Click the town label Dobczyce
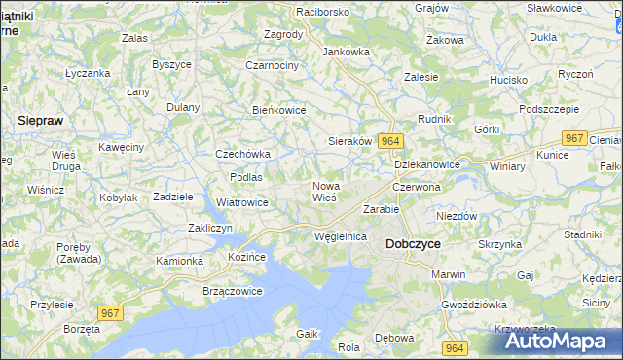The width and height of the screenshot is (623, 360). pyautogui.click(x=416, y=244)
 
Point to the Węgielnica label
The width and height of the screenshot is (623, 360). pyautogui.click(x=341, y=236)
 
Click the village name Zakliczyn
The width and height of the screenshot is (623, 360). pyautogui.click(x=208, y=228)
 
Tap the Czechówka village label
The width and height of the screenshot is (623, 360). pyautogui.click(x=242, y=154)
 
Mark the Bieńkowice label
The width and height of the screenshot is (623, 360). pyautogui.click(x=279, y=110)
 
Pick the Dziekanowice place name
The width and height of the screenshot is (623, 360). pyautogui.click(x=427, y=164)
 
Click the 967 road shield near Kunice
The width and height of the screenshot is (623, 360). pyautogui.click(x=575, y=138)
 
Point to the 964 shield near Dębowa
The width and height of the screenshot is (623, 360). pyautogui.click(x=453, y=347)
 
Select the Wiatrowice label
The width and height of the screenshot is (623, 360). pyautogui.click(x=241, y=202)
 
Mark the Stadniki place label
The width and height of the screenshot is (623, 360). pyautogui.click(x=582, y=234)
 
